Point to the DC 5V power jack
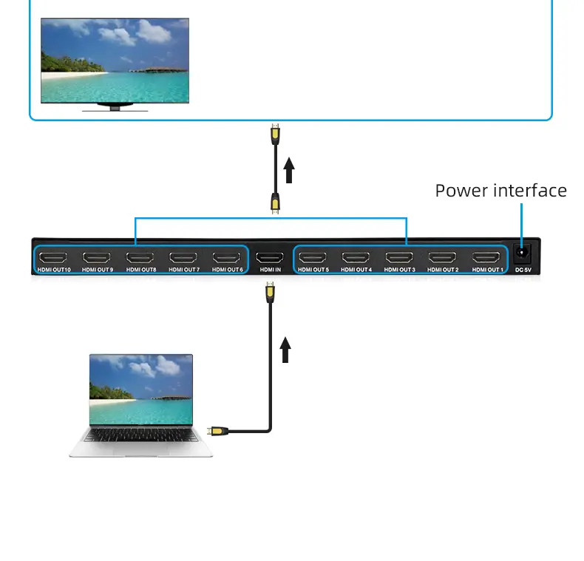[x=523, y=253]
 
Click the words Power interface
[x=500, y=191]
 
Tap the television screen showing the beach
[x=115, y=61]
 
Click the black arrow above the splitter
[x=289, y=170]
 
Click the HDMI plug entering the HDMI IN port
[x=270, y=293]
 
